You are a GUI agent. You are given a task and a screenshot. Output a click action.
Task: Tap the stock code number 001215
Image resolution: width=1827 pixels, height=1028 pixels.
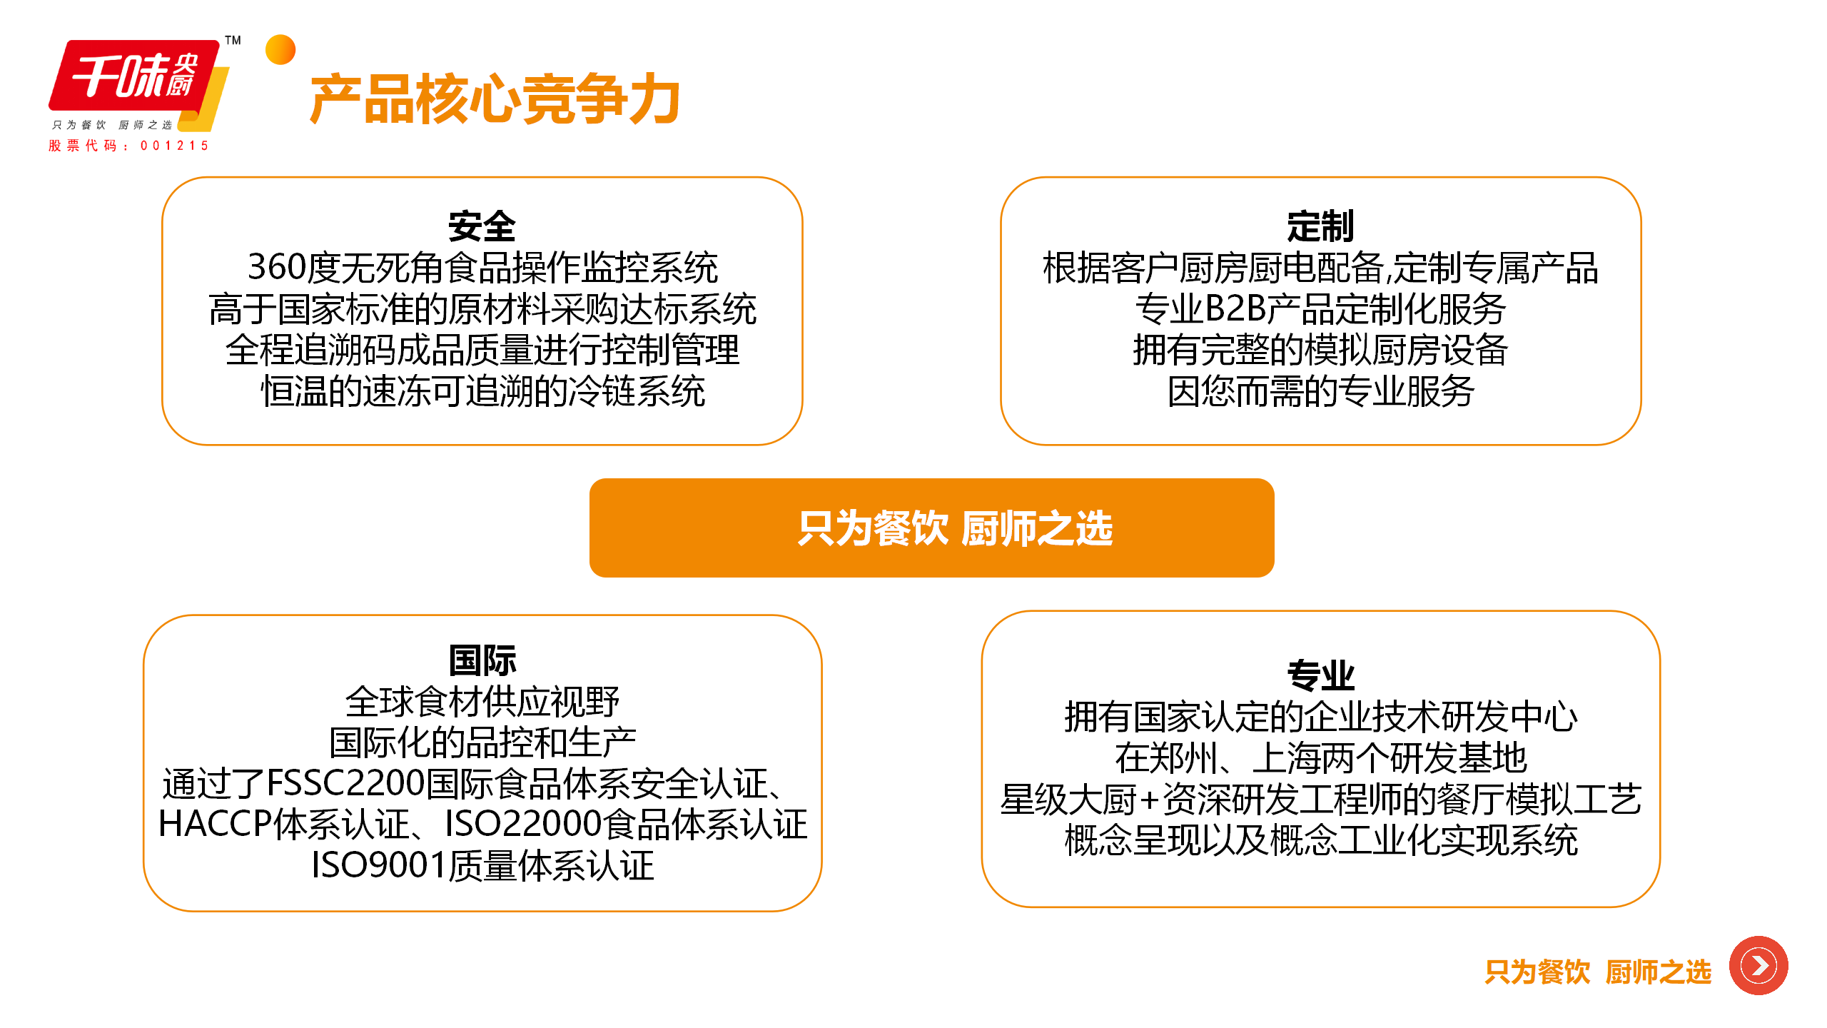[174, 146]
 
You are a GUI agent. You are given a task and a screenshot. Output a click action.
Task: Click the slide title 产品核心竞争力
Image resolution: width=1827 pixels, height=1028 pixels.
[495, 99]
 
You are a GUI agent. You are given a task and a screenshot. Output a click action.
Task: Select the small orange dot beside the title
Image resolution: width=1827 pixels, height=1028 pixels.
[280, 50]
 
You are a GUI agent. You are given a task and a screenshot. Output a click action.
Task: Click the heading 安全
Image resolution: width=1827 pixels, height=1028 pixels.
[482, 226]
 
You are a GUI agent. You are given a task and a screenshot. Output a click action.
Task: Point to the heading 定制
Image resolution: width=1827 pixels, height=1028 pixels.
[1320, 226]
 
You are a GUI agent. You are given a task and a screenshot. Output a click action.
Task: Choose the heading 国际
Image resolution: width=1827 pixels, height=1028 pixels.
[482, 660]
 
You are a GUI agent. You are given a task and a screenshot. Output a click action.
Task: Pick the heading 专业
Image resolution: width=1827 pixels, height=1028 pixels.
[1320, 675]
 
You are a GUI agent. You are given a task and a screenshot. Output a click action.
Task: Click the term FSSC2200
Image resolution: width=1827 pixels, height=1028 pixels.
[345, 783]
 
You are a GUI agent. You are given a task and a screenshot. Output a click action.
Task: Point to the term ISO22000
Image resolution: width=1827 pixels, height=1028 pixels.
[524, 824]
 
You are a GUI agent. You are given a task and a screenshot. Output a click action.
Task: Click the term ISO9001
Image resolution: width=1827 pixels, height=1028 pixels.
[379, 865]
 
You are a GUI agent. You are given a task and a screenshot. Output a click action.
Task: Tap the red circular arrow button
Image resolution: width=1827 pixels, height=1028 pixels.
[1758, 966]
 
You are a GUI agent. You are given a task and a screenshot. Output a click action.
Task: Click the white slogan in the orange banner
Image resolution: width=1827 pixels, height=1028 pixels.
[956, 528]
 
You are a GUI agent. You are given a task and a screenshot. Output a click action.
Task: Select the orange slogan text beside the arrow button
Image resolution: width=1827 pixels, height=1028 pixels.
[1598, 972]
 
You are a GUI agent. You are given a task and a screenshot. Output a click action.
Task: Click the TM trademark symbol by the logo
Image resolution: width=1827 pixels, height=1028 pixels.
[233, 40]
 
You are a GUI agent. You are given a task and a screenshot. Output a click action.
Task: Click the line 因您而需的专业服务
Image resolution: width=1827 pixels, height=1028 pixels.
[1320, 391]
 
